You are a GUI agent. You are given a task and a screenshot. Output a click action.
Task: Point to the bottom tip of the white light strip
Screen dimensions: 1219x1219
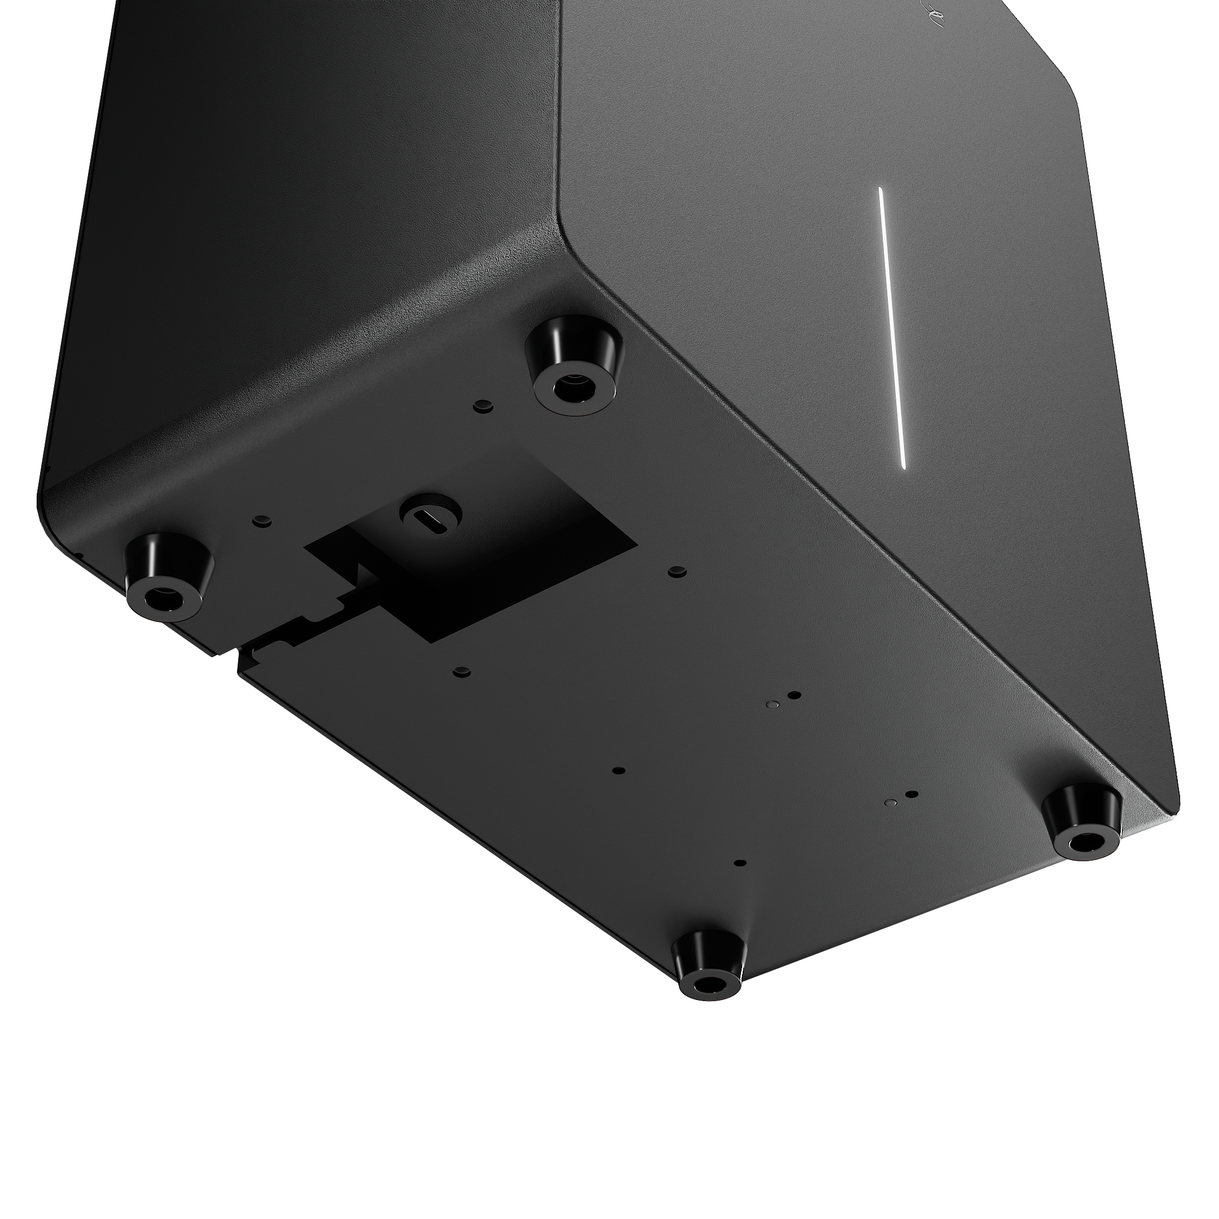904,466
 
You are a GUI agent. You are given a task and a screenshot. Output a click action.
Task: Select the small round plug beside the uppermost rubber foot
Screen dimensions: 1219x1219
483,405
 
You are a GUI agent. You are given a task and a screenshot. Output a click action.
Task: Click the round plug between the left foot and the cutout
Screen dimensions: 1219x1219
261,520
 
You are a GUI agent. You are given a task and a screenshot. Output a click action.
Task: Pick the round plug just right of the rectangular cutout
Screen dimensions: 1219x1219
677,571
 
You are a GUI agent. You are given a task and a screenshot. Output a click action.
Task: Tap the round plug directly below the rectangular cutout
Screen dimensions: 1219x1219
463,670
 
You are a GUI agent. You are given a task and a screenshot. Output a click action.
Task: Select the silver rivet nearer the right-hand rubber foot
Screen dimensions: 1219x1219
891,802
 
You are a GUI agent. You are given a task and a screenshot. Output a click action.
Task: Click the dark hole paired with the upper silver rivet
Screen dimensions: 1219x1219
795,695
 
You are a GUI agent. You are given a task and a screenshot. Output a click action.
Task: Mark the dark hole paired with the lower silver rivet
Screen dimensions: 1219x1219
911,795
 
